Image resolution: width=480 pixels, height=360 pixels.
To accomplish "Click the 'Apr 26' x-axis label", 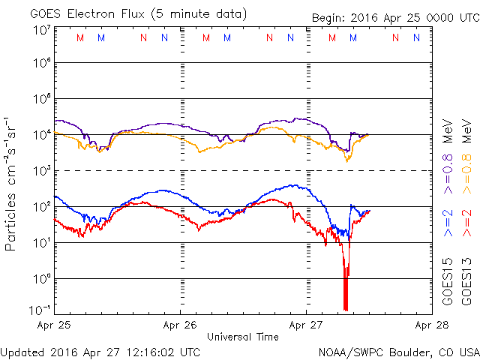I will (180, 325).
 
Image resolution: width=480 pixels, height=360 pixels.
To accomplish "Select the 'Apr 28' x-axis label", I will (431, 325).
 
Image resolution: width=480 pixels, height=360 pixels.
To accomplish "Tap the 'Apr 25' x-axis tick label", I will (54, 325).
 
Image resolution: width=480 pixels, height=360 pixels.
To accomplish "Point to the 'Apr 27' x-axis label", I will (306, 325).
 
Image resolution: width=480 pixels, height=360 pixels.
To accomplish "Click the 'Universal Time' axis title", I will (242, 337).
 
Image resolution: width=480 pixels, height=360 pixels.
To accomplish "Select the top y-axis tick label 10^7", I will (41, 29).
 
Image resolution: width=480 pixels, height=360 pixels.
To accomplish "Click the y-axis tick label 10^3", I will (41, 170).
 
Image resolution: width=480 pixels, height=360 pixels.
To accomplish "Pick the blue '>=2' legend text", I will (448, 223).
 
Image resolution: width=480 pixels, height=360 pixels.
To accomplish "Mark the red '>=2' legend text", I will (466, 223).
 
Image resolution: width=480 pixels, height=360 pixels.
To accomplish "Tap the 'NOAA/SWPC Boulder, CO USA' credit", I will (398, 352).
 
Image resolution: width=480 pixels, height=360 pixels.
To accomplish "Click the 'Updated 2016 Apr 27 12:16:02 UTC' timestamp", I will (100, 352).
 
